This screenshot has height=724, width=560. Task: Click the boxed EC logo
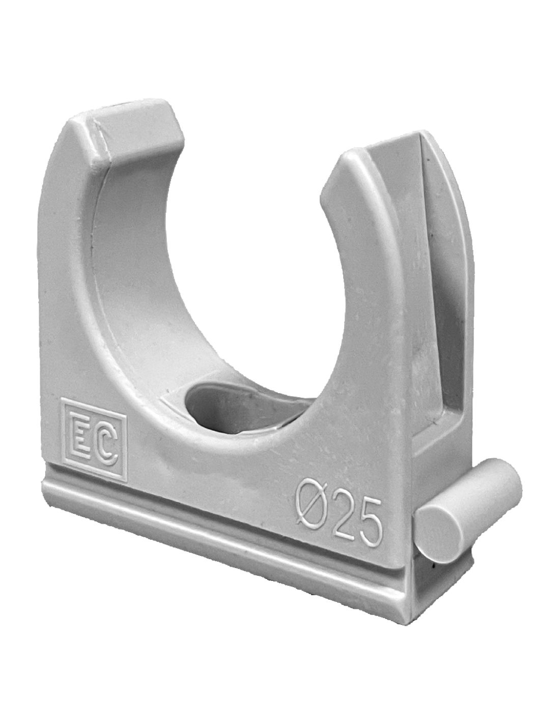click(x=94, y=441)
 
